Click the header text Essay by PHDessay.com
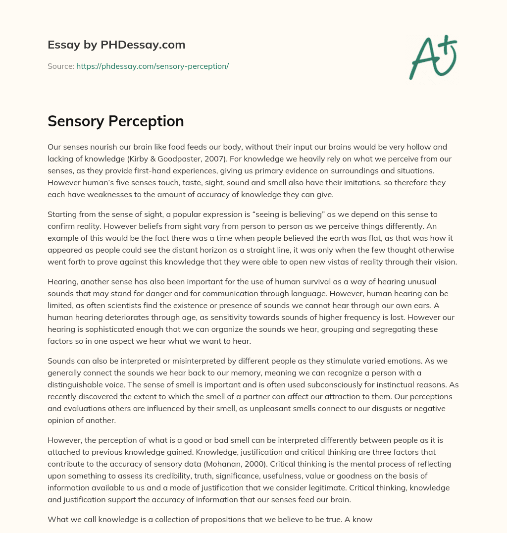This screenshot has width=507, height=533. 116,45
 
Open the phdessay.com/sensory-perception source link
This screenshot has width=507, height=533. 152,66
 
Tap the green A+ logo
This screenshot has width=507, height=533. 433,57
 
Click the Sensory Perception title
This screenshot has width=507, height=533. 116,121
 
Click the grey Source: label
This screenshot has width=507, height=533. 61,66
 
